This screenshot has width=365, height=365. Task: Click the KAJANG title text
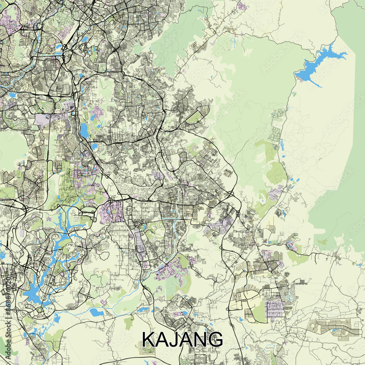point(182,339)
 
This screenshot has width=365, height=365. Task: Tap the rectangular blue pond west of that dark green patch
point(96,312)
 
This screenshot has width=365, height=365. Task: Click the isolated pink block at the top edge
point(242,6)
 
